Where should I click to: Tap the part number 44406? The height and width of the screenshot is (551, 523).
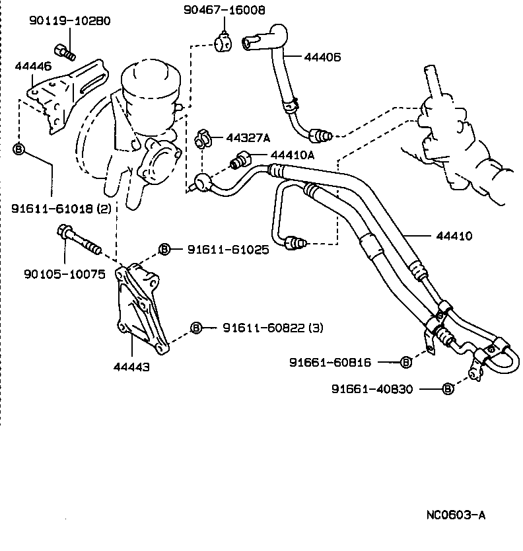click(322, 57)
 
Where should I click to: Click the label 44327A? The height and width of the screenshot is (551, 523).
click(248, 138)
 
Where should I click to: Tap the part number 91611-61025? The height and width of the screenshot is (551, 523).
click(228, 250)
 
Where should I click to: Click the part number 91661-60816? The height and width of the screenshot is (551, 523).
click(339, 362)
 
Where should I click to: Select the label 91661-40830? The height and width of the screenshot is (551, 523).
click(372, 389)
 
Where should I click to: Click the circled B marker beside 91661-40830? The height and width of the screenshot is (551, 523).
click(448, 389)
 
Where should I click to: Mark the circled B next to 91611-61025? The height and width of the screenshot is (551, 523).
click(165, 249)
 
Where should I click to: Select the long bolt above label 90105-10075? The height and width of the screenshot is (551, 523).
click(79, 239)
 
